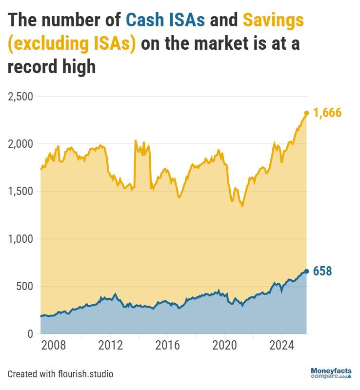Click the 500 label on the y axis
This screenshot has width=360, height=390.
tap(24, 287)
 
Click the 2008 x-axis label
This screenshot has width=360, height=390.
tap(54, 347)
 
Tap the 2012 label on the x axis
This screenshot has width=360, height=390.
tap(111, 347)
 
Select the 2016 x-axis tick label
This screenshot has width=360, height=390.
tap(167, 347)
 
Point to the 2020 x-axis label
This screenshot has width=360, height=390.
tap(224, 347)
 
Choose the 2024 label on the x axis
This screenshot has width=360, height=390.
tap(281, 347)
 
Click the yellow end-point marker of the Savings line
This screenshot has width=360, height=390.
tap(306, 113)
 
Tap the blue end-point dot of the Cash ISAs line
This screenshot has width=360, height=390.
tap(306, 271)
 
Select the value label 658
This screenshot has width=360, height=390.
tap(322, 271)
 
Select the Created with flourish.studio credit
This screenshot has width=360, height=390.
tap(60, 374)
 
